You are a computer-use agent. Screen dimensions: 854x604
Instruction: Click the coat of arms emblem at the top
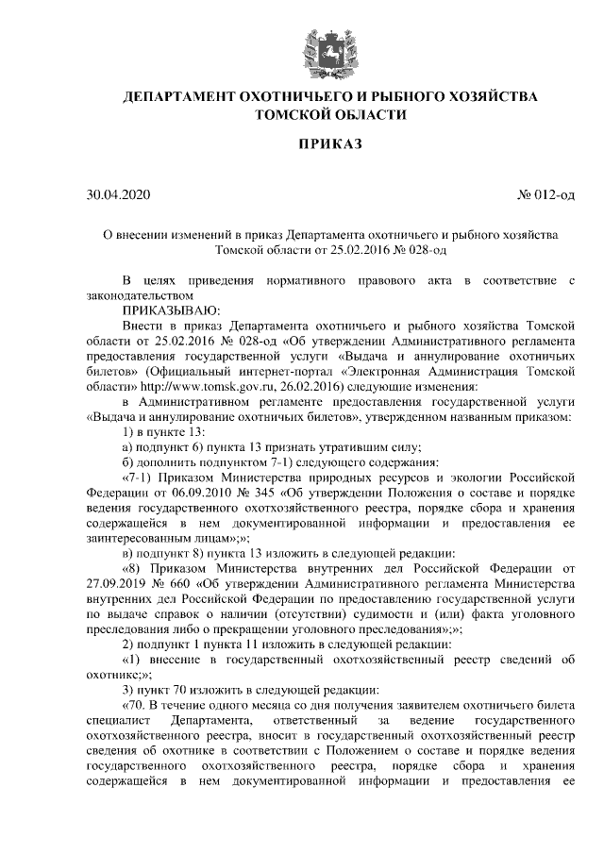(330, 50)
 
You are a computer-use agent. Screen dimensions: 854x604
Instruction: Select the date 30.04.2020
(117, 195)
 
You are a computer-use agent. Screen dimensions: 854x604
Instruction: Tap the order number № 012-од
(545, 195)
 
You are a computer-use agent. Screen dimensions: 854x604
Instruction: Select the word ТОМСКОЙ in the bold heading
(302, 115)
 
